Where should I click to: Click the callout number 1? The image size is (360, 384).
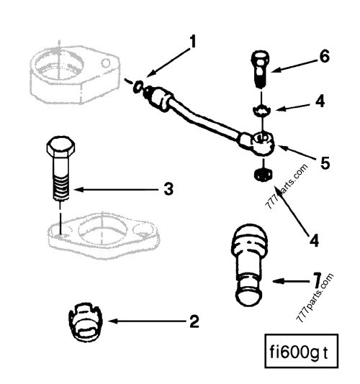(192, 42)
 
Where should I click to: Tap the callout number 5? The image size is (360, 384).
(325, 163)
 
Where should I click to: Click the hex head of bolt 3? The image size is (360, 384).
(58, 150)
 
